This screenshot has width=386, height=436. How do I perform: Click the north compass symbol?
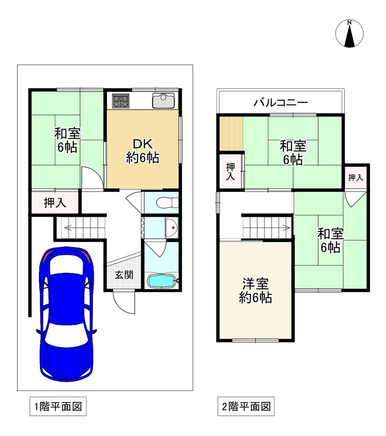coord(349,34)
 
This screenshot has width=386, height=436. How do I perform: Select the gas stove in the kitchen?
coord(121,101)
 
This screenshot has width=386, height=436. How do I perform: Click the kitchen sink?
coord(163,100)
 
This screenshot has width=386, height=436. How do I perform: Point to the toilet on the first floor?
coord(167,202)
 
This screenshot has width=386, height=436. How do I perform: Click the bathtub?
coord(161,281)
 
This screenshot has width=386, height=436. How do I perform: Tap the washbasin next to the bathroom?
coord(172,227)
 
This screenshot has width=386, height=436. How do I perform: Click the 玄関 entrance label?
coord(124,275)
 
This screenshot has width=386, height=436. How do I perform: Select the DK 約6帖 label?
coord(142,151)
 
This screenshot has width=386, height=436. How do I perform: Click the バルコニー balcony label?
coord(281,103)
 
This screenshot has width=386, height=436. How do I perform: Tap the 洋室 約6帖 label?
coord(256,290)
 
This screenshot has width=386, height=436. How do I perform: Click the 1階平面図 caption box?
coord(58,406)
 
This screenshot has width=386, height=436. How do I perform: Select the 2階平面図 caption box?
coord(246,406)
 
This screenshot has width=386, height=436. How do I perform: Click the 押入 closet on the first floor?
coord(55,203)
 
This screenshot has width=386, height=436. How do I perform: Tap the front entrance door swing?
coord(124,302)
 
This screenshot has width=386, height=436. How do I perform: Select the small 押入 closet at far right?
coord(356,178)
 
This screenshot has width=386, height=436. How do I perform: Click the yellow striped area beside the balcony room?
coord(231,134)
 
